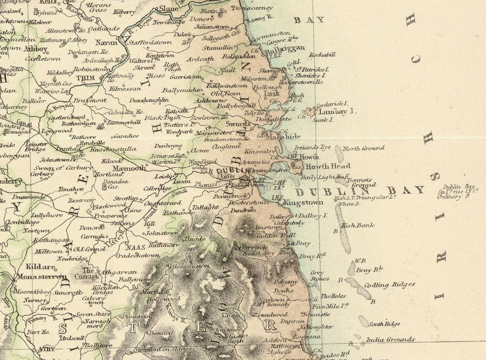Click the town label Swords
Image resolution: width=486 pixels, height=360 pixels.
tap(239, 124)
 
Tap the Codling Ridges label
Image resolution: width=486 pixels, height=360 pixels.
tap(397, 284)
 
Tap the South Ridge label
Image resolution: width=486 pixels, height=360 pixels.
tap(384, 324)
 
